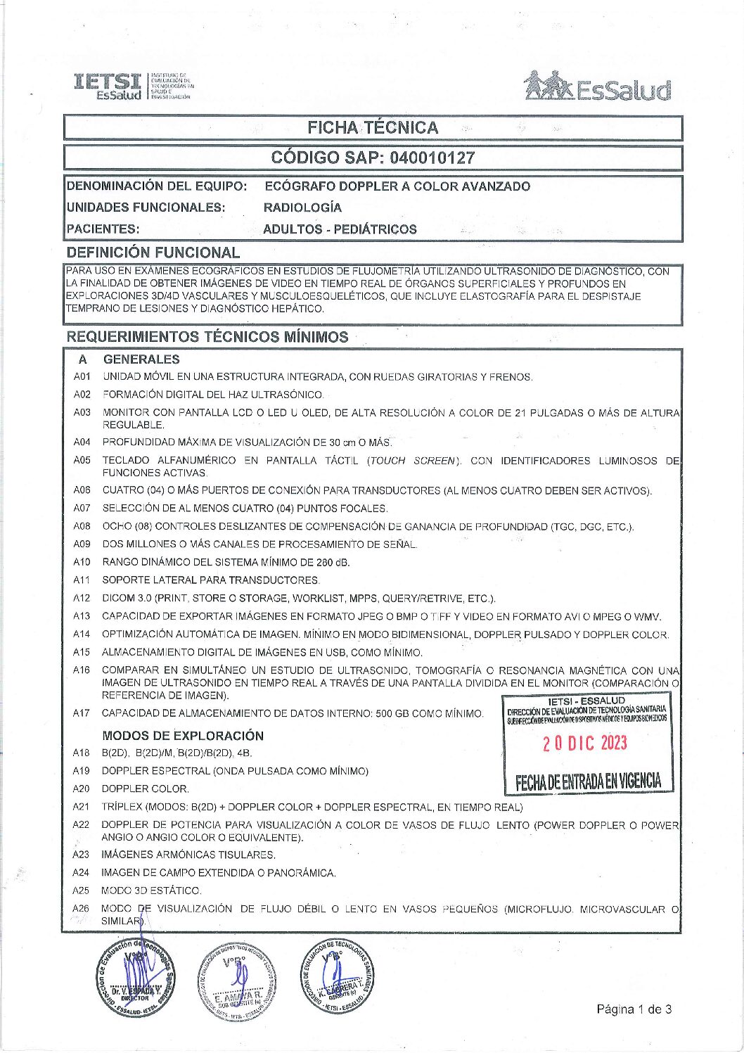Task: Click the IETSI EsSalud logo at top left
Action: pos(133,86)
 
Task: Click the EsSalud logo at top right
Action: pos(598,87)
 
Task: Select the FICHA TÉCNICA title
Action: pos(373,127)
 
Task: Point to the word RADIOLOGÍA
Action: pos(302,208)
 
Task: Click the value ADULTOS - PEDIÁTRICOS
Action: pos(340,229)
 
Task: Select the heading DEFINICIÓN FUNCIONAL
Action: pos(153,252)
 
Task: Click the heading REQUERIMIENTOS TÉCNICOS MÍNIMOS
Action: pos(207,337)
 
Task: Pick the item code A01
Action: pos(82,377)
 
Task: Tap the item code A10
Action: pos(82,562)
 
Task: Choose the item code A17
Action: pos(82,713)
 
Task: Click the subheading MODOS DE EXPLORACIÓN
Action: pos(183,736)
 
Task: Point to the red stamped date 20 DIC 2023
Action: pos(584,744)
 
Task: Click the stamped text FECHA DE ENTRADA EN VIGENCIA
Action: pos(588,781)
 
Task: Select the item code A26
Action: pos(82,909)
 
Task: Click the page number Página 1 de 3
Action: pos(634,1009)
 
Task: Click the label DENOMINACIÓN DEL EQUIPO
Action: pos(156,186)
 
